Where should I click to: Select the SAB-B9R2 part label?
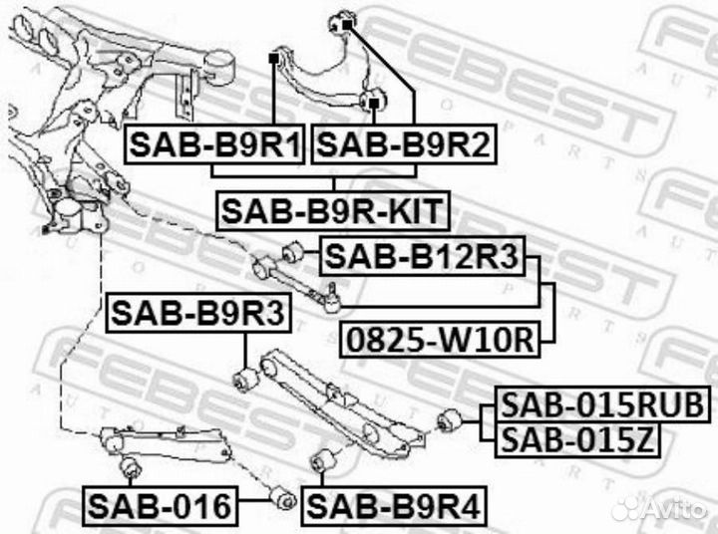(404, 146)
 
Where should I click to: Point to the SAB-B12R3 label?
(422, 257)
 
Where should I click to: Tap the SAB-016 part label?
(160, 507)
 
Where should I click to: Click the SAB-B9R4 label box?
(394, 507)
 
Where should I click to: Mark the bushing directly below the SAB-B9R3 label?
(245, 380)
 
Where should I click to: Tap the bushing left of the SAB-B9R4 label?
(282, 496)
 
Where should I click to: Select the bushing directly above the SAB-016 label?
(129, 468)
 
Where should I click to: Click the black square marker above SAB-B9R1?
(272, 60)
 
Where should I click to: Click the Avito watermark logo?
(658, 508)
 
